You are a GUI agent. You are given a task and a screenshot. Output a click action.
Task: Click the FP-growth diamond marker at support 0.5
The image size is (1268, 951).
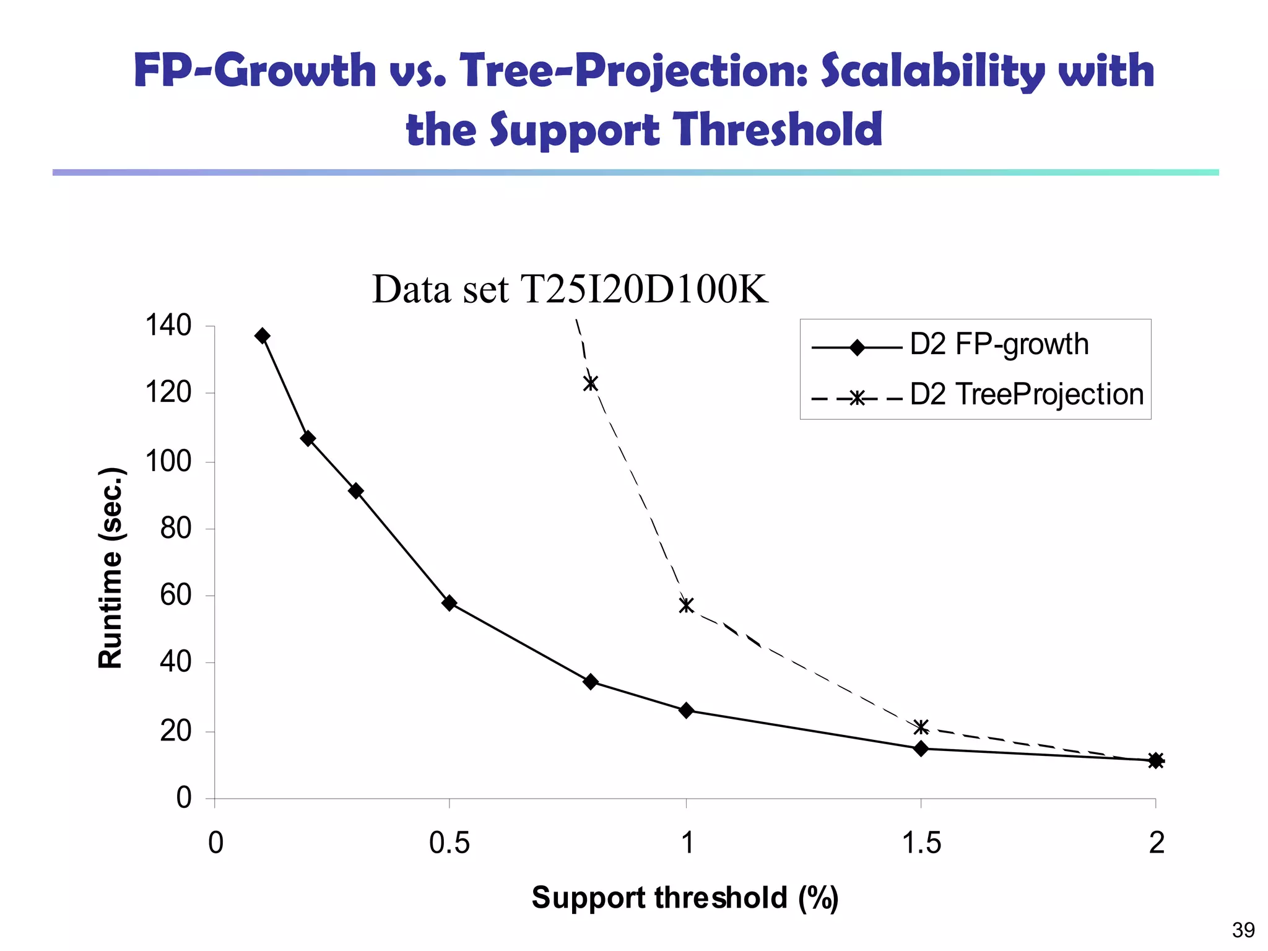pos(449,603)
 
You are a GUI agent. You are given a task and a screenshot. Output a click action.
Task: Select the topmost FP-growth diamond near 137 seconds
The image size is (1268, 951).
pos(263,336)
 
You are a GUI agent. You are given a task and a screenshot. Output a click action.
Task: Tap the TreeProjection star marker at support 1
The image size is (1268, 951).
pos(686,605)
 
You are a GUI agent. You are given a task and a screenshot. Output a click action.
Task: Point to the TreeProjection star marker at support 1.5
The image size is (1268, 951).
pos(921,727)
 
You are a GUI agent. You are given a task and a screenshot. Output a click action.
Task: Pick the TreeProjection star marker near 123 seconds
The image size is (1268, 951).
pos(591,383)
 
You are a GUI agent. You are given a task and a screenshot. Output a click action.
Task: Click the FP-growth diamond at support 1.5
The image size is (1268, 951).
pos(921,749)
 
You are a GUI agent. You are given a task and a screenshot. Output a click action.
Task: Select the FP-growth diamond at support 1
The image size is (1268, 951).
pos(686,710)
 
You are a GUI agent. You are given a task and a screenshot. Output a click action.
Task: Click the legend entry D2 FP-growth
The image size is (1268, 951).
pos(999,345)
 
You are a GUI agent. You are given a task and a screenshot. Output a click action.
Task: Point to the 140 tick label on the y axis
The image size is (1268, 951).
pos(168,326)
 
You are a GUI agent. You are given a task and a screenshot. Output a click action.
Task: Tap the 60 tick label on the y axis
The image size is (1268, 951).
pos(175,596)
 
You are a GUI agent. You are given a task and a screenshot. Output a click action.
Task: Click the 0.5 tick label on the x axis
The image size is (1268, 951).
pos(449,843)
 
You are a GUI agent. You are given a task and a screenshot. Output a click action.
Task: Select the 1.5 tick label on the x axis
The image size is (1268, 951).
pos(921,843)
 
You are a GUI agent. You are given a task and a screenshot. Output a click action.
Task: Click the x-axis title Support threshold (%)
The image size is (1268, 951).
pos(685,898)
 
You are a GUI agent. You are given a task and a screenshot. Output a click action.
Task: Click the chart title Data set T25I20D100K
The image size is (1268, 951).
pos(570,289)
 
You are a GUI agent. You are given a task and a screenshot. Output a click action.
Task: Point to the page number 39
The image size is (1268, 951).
pos(1243,930)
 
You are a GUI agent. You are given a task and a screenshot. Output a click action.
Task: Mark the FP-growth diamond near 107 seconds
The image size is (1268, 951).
pos(308,438)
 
